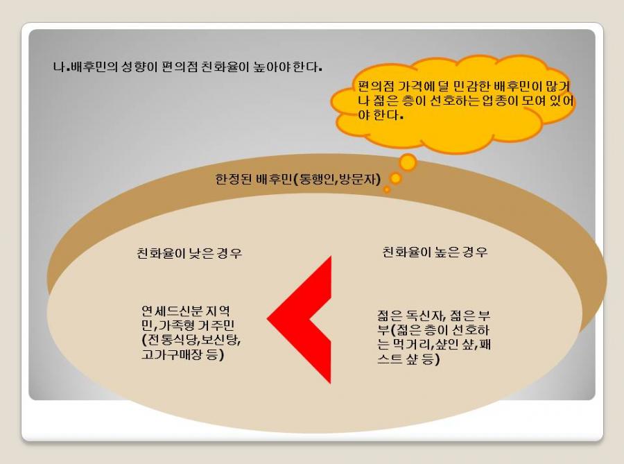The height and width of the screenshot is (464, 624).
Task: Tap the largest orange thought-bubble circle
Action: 408,162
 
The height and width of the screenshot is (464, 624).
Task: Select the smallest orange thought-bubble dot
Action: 386,190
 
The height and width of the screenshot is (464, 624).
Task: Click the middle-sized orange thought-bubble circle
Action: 396,178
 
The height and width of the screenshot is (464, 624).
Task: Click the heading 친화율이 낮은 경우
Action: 189,253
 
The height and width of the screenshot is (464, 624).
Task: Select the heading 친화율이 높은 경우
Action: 435,252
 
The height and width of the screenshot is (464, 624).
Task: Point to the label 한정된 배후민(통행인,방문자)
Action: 298,179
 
